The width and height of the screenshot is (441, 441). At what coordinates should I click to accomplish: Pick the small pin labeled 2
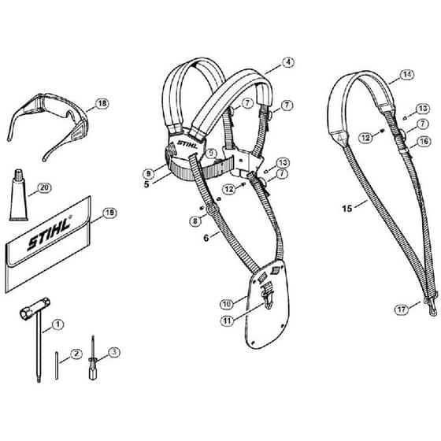(57, 365)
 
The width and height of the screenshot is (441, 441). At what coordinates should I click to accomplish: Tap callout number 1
(57, 324)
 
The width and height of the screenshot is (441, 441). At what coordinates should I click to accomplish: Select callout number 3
(113, 352)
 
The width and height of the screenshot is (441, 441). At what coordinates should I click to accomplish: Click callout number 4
(287, 62)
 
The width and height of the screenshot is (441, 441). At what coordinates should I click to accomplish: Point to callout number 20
(44, 187)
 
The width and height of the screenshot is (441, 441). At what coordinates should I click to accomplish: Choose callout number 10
(227, 304)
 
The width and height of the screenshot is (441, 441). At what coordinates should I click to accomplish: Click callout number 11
(228, 321)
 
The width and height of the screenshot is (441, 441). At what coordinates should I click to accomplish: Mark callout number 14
(407, 75)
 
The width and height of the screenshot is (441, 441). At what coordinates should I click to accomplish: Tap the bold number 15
(347, 209)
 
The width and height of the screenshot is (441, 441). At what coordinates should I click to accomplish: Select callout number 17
(402, 309)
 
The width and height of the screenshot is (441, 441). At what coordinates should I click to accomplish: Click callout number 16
(424, 141)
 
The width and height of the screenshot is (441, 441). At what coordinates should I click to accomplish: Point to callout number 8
(195, 220)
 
